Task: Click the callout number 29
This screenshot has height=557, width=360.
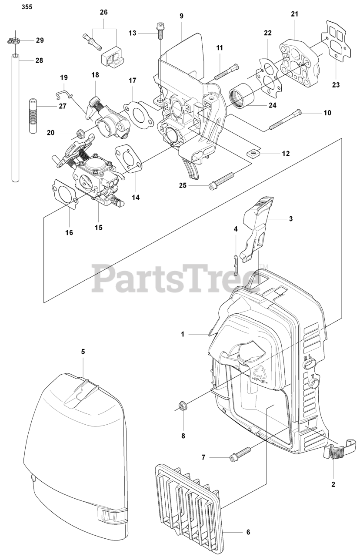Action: [x=40, y=40]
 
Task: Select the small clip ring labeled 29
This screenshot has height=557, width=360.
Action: [x=15, y=41]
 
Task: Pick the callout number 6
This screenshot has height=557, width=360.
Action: [x=248, y=532]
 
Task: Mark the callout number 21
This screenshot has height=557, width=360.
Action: [x=295, y=14]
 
